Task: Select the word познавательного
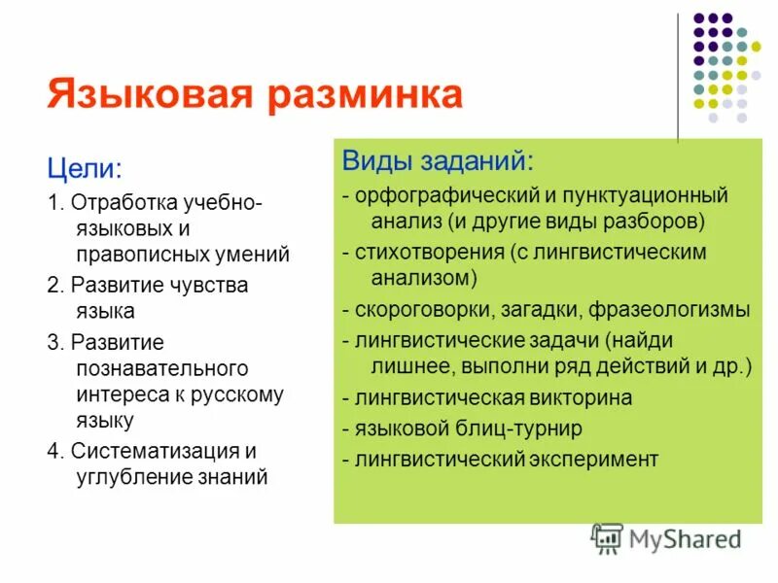[161, 368]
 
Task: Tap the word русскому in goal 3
[239, 394]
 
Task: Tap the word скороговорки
[417, 310]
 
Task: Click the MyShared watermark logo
[667, 539]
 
